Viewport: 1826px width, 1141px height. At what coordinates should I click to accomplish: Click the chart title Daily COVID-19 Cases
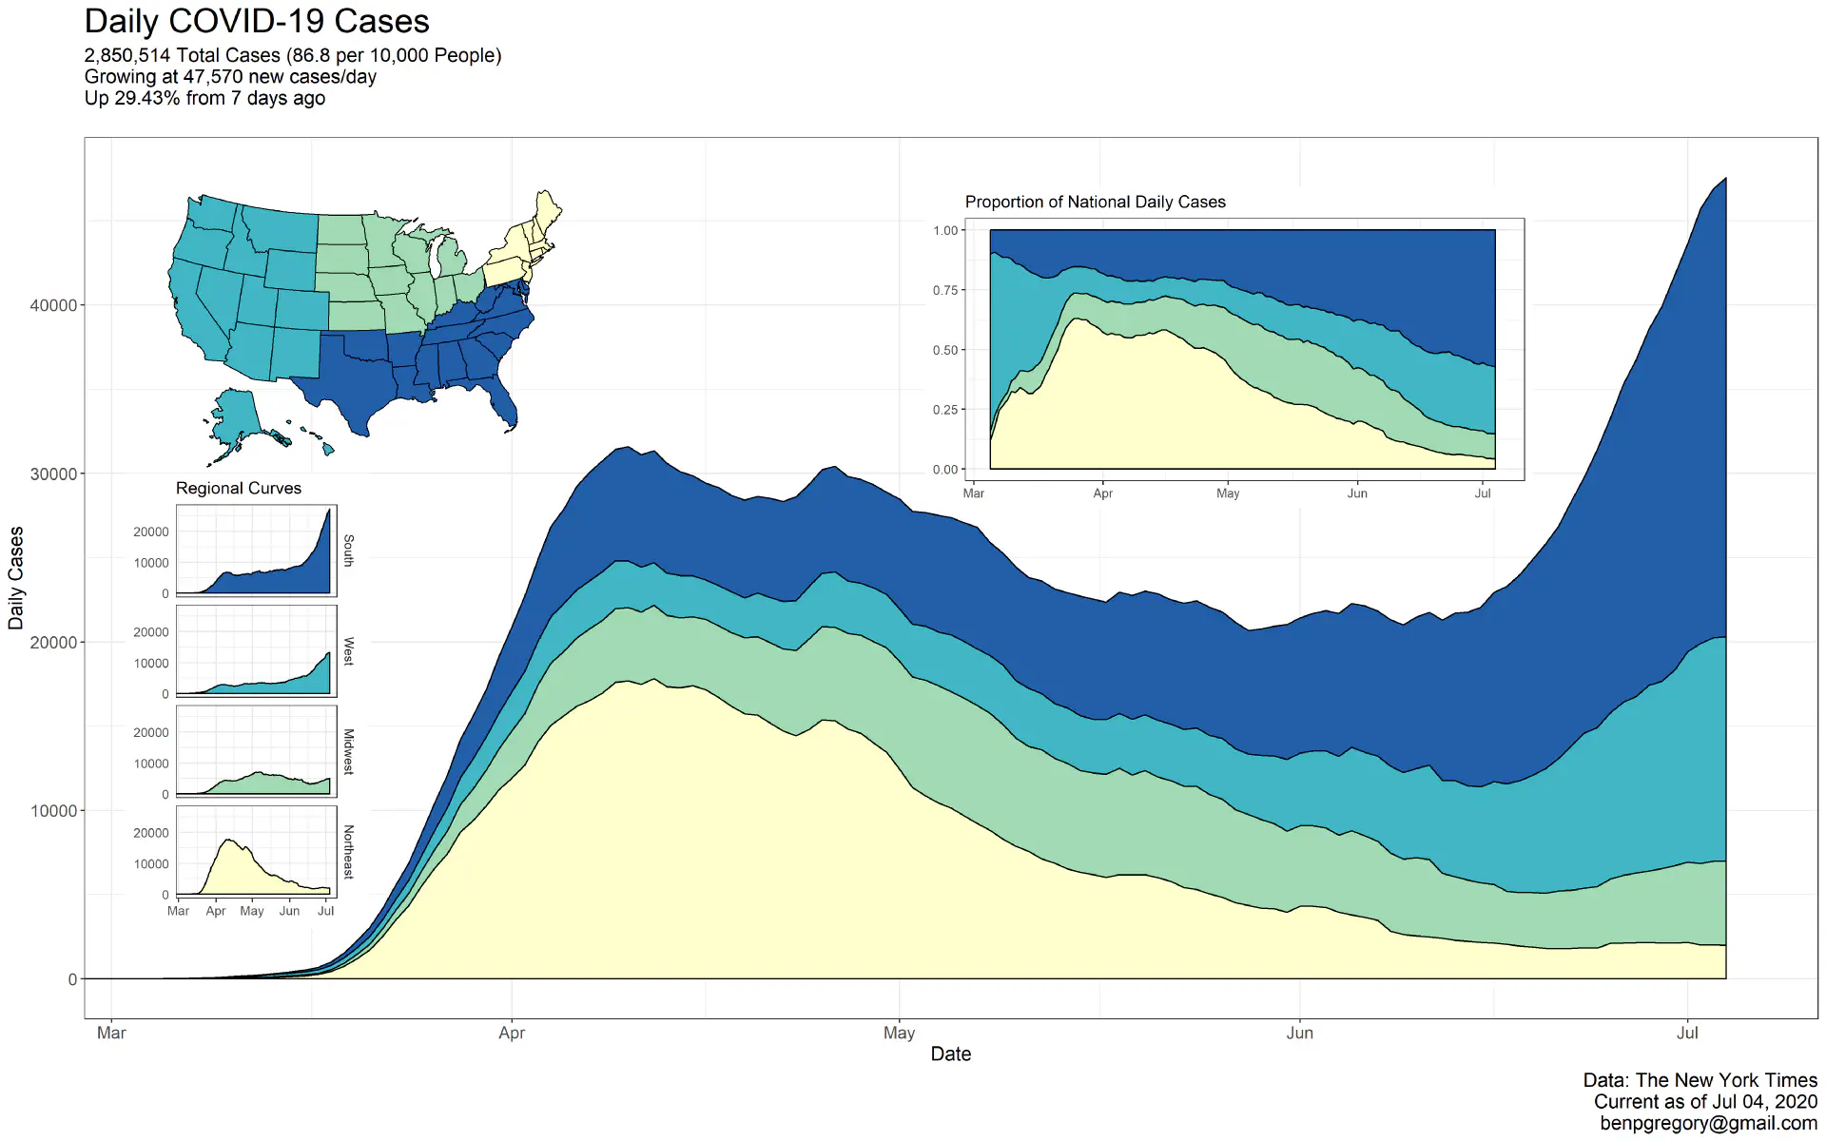point(257,22)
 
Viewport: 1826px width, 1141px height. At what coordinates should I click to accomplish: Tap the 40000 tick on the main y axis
point(53,305)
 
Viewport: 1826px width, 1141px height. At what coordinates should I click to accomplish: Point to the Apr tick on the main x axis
point(512,1033)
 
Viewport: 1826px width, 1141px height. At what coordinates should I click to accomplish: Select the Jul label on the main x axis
point(1687,1033)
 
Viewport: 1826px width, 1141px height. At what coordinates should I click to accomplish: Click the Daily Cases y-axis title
point(16,578)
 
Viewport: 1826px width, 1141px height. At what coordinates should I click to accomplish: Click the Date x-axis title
point(950,1054)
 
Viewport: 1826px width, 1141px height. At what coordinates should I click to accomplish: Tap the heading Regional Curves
point(238,488)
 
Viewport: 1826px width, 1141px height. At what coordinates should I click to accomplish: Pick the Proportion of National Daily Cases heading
point(1095,202)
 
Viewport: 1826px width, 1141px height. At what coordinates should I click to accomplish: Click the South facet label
point(349,551)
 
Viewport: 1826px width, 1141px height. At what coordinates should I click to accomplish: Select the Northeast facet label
point(349,851)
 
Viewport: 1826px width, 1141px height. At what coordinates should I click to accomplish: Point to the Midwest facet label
point(349,751)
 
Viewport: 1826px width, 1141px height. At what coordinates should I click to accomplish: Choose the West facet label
point(349,651)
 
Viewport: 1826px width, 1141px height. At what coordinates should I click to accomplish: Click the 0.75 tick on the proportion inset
point(945,290)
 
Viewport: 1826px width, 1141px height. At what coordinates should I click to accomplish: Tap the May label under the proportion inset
point(1227,493)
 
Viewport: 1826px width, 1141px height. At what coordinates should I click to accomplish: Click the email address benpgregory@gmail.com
point(1708,1123)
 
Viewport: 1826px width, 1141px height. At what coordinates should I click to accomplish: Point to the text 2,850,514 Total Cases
point(183,55)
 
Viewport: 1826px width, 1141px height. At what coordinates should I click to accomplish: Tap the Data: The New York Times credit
point(1700,1080)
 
